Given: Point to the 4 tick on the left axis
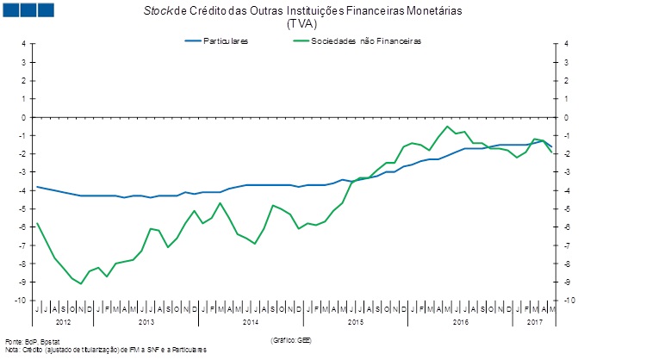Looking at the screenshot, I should click(x=24, y=44).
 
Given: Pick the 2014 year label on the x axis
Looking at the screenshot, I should click(x=251, y=321).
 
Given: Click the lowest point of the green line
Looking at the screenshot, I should click(x=81, y=283).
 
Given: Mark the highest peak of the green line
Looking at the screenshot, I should click(x=447, y=127).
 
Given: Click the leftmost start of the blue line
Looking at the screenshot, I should click(x=36, y=187).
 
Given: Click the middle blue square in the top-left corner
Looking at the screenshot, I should click(x=28, y=10).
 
